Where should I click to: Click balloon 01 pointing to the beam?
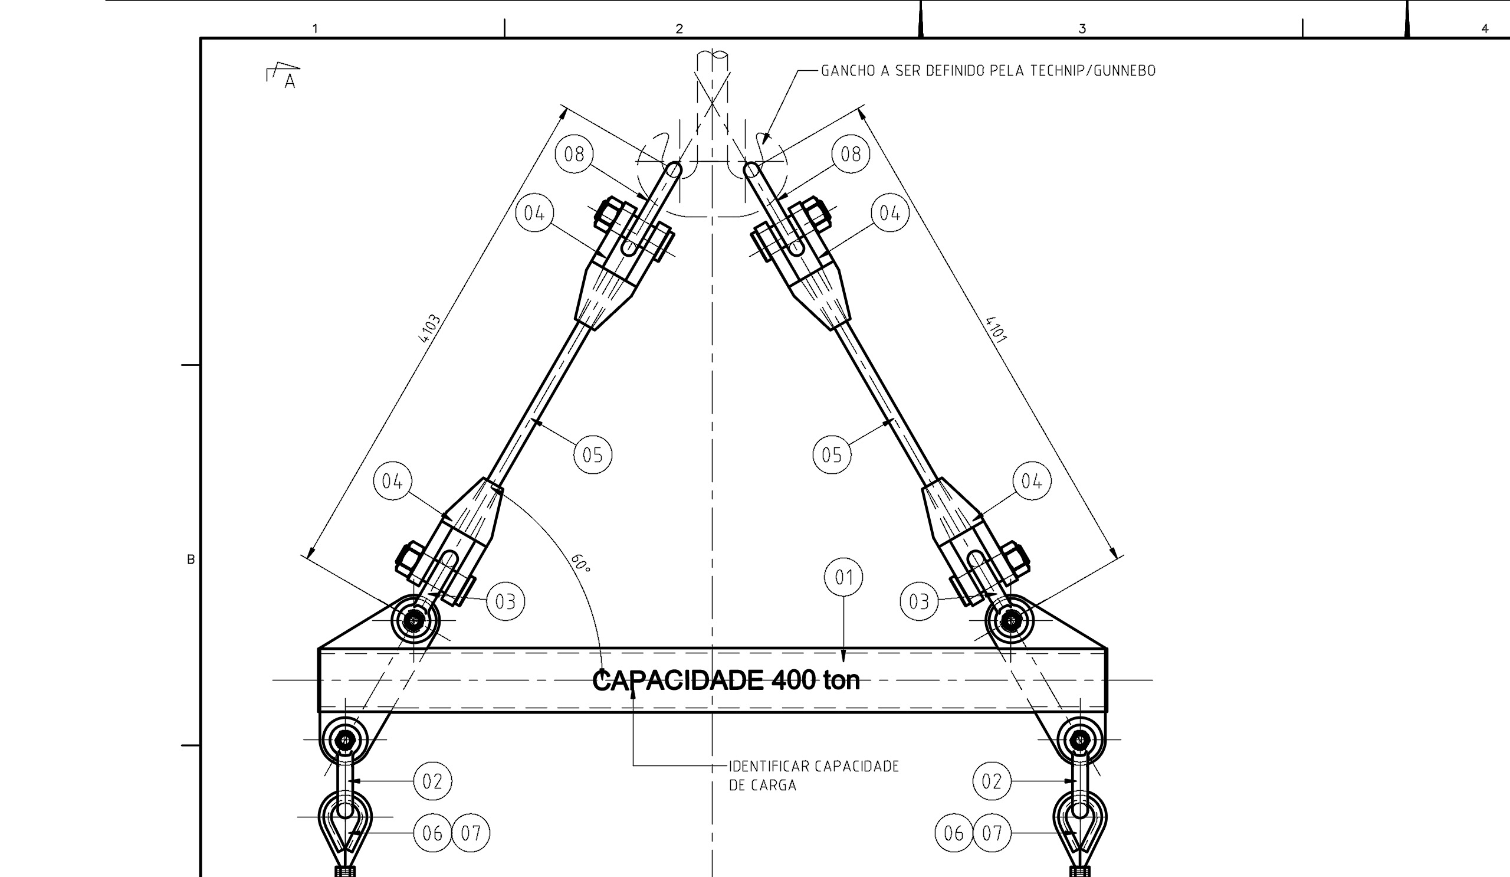(x=843, y=577)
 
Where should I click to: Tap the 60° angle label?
(x=580, y=563)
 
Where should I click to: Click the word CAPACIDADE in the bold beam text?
(x=677, y=681)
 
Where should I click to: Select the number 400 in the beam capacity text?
(x=793, y=680)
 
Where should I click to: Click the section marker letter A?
(x=290, y=81)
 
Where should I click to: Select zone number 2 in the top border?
(x=679, y=29)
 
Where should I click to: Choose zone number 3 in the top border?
(x=1082, y=29)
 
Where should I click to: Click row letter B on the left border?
(x=191, y=559)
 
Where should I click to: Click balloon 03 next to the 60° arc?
(x=505, y=601)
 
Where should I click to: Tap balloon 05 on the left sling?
(x=593, y=454)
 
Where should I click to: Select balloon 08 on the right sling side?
(x=851, y=154)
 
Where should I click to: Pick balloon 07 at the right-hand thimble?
(x=992, y=833)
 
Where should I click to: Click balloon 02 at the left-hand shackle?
(x=432, y=781)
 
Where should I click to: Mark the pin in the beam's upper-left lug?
(x=414, y=620)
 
